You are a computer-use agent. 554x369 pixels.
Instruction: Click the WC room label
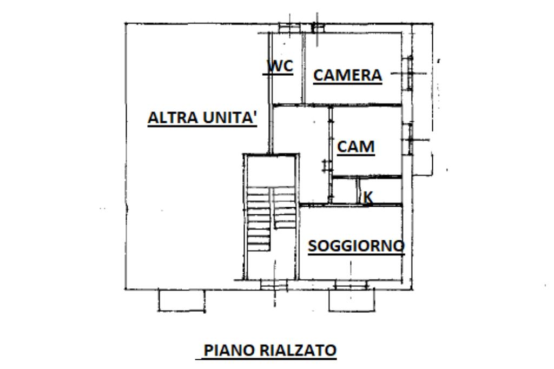coord(280,66)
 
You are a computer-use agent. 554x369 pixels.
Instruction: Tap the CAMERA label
coord(348,75)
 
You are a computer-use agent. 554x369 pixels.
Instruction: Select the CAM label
coord(355,147)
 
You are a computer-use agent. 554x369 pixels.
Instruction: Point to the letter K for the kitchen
coord(368,197)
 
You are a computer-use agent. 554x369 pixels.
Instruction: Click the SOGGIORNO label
coord(356,246)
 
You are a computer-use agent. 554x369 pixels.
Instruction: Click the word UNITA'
coord(230,118)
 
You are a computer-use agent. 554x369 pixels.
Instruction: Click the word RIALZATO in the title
coord(298,350)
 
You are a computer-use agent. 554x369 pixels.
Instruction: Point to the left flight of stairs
coord(259,219)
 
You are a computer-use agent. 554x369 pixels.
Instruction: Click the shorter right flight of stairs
coord(283,208)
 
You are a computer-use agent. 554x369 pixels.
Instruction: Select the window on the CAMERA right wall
coord(410,73)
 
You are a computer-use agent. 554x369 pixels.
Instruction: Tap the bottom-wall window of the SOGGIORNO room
coord(351,285)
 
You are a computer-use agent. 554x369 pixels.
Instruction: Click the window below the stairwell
coord(274,285)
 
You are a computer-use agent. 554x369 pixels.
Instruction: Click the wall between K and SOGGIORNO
coord(352,205)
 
